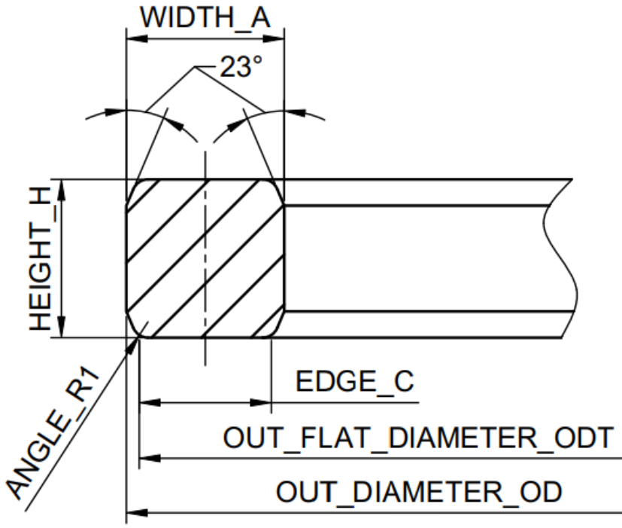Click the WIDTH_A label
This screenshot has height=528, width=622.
point(205,18)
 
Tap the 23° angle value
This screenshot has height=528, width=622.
point(241,66)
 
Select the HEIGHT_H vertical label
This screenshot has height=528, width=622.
point(41,258)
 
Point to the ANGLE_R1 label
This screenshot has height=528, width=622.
point(53,432)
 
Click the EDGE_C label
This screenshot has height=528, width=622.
point(355,381)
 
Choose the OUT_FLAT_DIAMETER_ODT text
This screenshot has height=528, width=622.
point(418,438)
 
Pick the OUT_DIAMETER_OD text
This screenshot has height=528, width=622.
point(419,491)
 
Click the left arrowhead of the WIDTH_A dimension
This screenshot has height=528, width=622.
point(136,39)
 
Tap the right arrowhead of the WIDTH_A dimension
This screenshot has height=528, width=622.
point(274,39)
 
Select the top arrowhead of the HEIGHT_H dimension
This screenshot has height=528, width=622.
point(62,190)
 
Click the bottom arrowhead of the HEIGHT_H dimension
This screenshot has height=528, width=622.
point(62,327)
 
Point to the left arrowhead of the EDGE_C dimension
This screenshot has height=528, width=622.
point(150,402)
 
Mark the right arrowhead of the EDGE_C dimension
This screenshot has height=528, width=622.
point(261,402)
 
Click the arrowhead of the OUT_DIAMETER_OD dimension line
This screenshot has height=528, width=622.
point(137,513)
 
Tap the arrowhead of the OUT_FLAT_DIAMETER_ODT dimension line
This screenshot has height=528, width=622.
point(150,459)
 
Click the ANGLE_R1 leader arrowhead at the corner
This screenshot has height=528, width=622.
point(133,345)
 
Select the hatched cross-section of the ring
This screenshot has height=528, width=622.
point(205,258)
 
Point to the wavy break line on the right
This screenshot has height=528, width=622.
point(560,258)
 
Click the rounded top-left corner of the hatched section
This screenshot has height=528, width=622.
point(135,188)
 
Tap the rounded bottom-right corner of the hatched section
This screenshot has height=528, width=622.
point(278,328)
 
